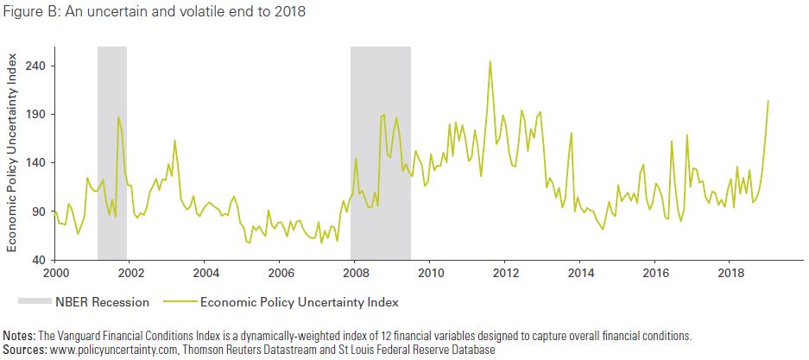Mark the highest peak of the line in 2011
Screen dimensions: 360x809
(490, 61)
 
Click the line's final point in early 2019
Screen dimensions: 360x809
(768, 101)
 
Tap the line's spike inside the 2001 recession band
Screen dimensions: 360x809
(118, 117)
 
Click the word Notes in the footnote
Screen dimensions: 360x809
(20, 335)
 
